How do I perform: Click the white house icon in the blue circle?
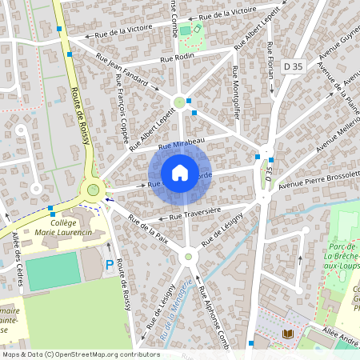(180, 173)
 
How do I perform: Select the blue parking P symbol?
(110, 264)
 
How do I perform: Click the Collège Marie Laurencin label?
(59, 229)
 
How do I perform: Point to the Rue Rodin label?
(178, 58)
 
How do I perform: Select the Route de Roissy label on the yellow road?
(79, 116)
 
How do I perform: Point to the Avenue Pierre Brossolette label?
(317, 180)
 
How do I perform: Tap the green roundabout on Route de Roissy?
(94, 190)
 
